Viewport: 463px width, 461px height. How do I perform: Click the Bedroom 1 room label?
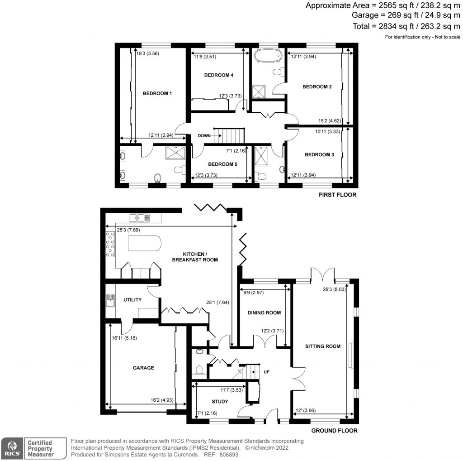point(157,94)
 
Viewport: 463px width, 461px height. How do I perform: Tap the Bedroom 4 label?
point(218,75)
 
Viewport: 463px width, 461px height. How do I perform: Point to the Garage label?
point(143,368)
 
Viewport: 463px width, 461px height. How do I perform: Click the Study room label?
point(220,402)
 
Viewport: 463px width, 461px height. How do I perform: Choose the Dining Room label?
point(265,313)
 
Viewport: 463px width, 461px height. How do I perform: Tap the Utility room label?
point(132,300)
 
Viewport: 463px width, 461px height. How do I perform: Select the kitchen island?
point(144,245)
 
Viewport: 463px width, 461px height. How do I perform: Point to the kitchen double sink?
point(139,218)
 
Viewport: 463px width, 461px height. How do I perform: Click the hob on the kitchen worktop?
point(110,244)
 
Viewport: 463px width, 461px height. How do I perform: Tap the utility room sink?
point(110,299)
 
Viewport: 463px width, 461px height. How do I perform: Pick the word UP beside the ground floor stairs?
point(266,372)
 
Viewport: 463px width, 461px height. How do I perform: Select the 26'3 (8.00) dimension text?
point(334,290)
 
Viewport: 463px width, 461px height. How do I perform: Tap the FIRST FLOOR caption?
point(338,195)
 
